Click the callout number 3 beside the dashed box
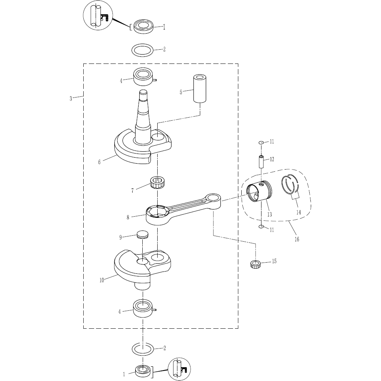click(71, 99)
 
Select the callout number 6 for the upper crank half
click(99, 162)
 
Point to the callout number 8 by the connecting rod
click(128, 217)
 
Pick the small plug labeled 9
click(143, 235)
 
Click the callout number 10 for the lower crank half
click(102, 280)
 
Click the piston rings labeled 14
click(291, 186)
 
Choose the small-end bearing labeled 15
click(255, 264)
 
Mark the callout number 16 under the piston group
click(297, 239)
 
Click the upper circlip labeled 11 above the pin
click(261, 142)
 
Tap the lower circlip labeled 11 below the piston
click(261, 227)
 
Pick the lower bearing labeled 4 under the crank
click(143, 309)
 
